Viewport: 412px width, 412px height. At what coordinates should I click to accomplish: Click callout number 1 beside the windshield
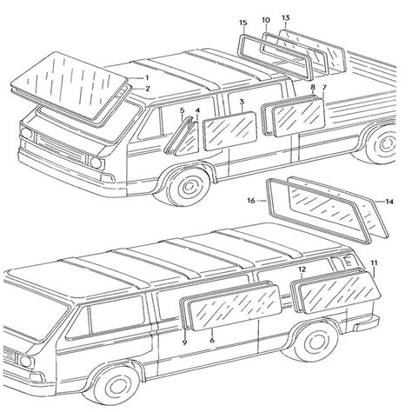click(147, 77)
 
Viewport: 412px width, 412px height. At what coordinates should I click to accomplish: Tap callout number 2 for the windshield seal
click(148, 89)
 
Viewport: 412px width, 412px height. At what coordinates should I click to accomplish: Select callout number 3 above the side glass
click(242, 102)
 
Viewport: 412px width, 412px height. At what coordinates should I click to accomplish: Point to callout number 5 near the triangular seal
click(182, 110)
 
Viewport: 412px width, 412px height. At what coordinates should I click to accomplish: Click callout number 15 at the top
click(243, 23)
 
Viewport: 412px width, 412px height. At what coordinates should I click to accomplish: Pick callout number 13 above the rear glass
click(286, 17)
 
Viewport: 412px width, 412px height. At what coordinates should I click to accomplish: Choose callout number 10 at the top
click(266, 20)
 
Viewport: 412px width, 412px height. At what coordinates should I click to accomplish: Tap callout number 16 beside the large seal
click(251, 201)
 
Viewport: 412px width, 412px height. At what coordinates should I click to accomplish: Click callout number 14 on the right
click(389, 202)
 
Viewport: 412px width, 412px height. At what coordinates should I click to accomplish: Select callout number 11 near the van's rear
click(374, 263)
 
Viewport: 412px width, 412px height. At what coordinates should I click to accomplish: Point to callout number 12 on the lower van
click(302, 269)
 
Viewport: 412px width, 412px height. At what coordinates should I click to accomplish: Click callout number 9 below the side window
click(184, 342)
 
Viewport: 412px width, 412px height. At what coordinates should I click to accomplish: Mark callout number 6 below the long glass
click(212, 340)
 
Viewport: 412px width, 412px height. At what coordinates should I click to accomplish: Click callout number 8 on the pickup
click(313, 87)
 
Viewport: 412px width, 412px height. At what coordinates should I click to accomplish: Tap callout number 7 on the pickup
click(324, 87)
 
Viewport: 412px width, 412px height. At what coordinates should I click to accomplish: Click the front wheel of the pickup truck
click(189, 185)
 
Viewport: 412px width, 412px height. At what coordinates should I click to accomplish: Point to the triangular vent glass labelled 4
click(189, 139)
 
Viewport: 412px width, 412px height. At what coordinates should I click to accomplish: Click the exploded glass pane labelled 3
click(229, 131)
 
